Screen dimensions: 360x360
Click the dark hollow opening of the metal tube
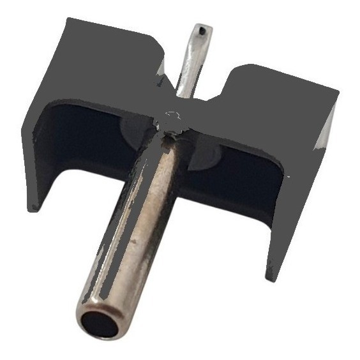tap(100, 324)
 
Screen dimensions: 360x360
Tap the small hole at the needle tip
tap(202, 29)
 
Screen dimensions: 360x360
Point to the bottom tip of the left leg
tap(33, 207)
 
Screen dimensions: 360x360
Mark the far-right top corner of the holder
tap(338, 96)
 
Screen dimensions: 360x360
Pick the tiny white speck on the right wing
tap(288, 176)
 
